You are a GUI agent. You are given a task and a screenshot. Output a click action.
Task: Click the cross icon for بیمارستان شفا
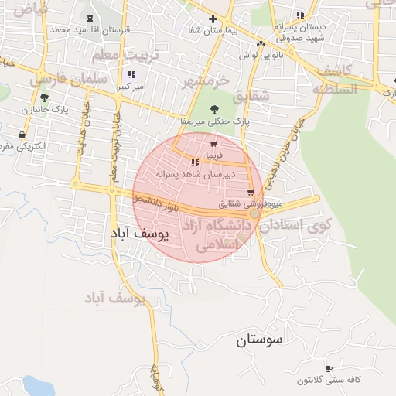(213, 19)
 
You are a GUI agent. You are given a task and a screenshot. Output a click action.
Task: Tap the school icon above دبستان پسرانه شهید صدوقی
(299, 15)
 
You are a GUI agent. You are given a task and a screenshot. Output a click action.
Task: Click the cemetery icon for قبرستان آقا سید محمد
(92, 18)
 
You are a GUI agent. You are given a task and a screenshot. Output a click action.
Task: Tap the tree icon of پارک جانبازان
(44, 98)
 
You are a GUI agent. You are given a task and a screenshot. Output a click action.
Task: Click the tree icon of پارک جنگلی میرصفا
(214, 109)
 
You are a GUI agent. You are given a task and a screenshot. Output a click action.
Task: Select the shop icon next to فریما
(213, 143)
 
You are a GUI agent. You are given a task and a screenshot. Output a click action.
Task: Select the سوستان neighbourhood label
(259, 339)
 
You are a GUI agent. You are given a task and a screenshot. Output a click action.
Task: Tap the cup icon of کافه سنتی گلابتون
(329, 369)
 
